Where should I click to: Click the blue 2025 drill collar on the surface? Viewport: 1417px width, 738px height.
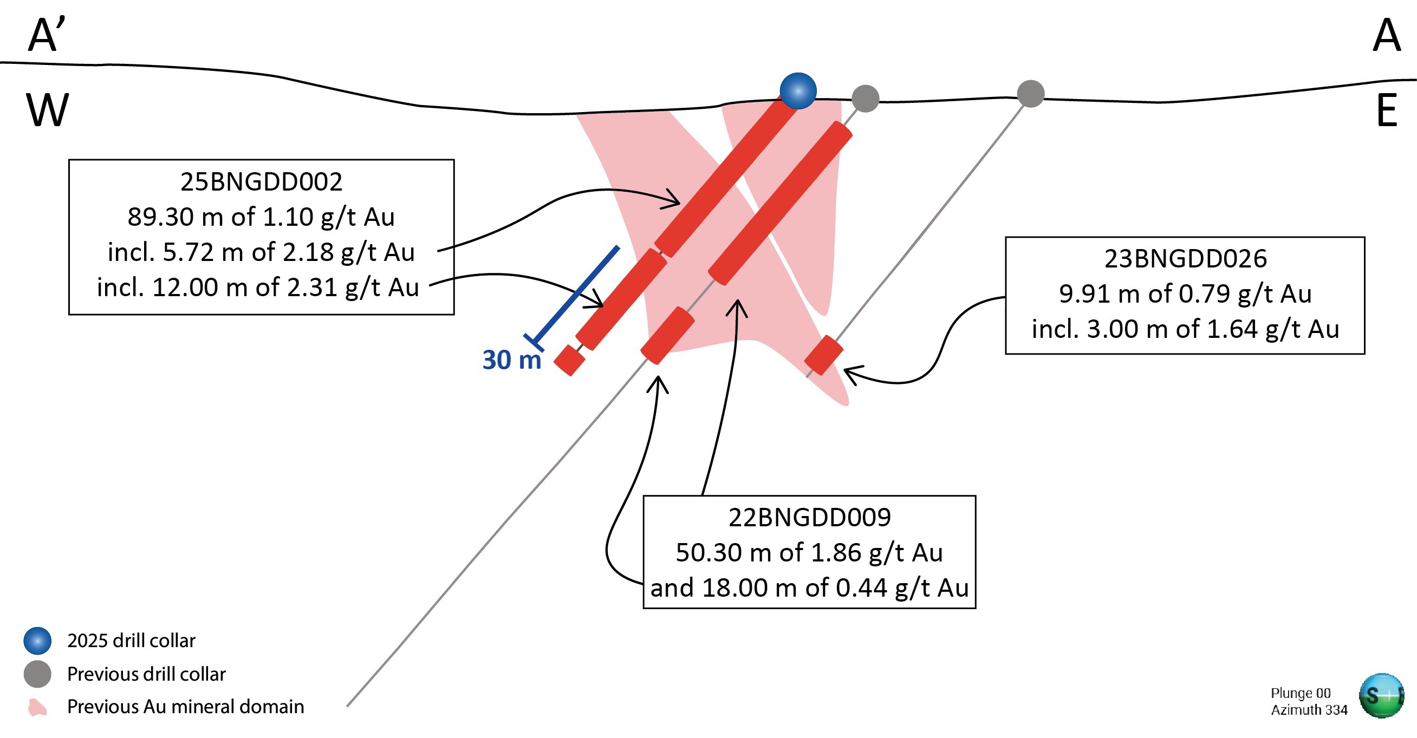click(798, 91)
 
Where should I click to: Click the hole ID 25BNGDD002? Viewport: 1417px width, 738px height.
click(261, 181)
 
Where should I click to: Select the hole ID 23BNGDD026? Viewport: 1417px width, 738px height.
click(1185, 258)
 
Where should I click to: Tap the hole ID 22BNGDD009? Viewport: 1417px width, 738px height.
click(809, 518)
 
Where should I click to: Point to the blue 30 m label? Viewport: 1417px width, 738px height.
click(511, 360)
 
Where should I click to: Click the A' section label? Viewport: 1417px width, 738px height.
click(47, 35)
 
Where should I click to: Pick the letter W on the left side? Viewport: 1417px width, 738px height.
click(47, 110)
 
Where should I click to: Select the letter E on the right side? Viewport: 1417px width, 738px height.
click(1386, 110)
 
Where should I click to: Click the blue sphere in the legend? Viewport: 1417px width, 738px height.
click(37, 641)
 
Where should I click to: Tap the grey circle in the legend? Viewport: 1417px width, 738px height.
click(37, 674)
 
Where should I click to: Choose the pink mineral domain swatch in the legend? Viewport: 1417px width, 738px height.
click(37, 707)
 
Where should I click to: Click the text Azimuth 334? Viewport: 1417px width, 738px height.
click(1309, 710)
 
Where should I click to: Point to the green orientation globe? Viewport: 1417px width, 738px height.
click(1381, 696)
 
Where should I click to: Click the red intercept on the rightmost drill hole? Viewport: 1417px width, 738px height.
click(823, 355)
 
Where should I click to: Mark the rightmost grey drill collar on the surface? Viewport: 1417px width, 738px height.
click(1030, 94)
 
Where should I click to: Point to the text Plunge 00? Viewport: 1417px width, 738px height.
click(1301, 693)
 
